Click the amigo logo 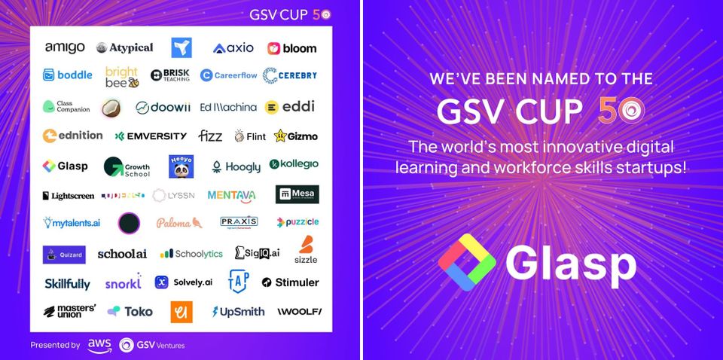pyautogui.click(x=65, y=47)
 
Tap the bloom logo pyautogui.click(x=292, y=48)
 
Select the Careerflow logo pyautogui.click(x=228, y=75)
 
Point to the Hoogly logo pyautogui.click(x=236, y=166)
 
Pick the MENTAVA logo pyautogui.click(x=231, y=195)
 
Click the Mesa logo pyautogui.click(x=297, y=195)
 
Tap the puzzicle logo pyautogui.click(x=297, y=222)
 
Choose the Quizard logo pyautogui.click(x=64, y=255)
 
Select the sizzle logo pyautogui.click(x=306, y=250)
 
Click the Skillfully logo pyautogui.click(x=67, y=283)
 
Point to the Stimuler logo pyautogui.click(x=291, y=282)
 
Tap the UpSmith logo pyautogui.click(x=238, y=311)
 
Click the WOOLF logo pyautogui.click(x=299, y=311)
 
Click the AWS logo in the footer pyautogui.click(x=99, y=345)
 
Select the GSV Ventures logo pyautogui.click(x=151, y=345)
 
